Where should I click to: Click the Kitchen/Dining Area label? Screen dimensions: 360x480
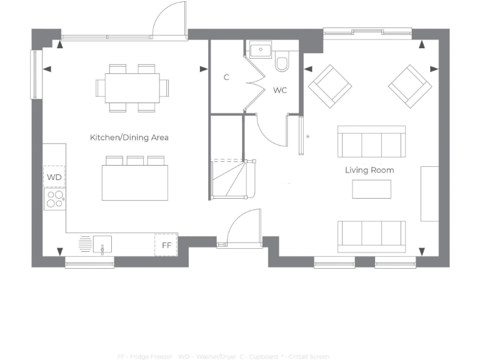point(129,137)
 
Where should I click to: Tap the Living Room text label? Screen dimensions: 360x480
point(369,170)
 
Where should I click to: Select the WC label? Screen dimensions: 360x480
point(280,91)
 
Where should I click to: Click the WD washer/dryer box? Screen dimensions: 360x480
point(54,177)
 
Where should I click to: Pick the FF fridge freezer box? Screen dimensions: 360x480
point(166,245)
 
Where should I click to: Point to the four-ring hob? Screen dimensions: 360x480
point(55,199)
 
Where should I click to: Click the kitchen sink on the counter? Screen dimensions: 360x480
point(102,244)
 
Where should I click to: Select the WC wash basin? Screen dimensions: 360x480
point(259,49)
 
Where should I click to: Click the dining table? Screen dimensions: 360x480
point(132,87)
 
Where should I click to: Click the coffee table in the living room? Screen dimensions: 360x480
point(371,189)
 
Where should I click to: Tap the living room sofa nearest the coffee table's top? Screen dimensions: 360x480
point(371,142)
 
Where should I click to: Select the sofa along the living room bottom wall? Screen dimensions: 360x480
point(371,236)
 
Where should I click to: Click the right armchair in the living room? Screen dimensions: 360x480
point(410,86)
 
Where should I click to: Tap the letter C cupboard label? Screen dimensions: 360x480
point(226,77)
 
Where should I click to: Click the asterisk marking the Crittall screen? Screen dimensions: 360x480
point(307,136)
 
